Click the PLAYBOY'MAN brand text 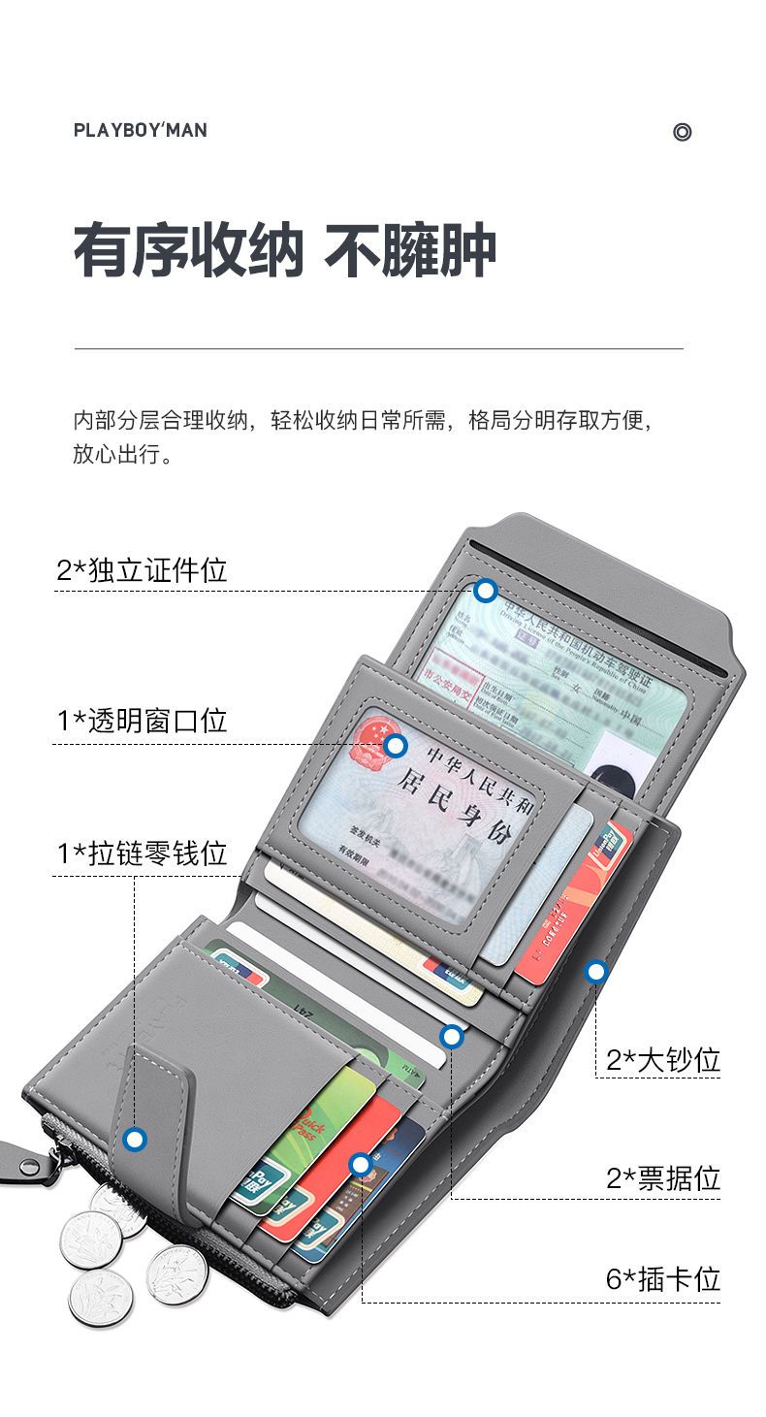[140, 130]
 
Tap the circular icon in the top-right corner [682, 132]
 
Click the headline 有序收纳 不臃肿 [285, 251]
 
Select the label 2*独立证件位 [142, 570]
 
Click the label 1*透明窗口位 [142, 721]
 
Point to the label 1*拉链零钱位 [142, 853]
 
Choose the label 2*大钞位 [663, 1060]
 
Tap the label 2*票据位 [663, 1178]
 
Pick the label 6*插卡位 [663, 1278]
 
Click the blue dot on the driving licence [486, 590]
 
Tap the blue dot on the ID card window [395, 745]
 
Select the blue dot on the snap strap [135, 1139]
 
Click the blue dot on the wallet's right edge [596, 970]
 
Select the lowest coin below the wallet [100, 1298]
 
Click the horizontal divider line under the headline [378, 347]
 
